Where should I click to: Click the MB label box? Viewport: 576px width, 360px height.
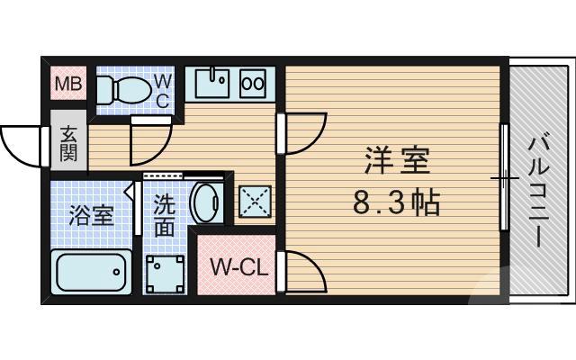[67, 85]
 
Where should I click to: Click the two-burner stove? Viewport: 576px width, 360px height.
[253, 83]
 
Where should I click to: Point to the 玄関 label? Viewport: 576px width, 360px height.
[68, 141]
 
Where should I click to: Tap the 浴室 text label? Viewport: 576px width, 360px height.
[92, 217]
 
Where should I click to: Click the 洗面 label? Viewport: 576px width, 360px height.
[164, 217]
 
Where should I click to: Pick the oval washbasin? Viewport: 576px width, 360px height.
[205, 203]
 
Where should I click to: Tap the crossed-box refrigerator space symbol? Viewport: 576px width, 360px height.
[254, 203]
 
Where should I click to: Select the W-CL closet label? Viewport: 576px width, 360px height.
[235, 267]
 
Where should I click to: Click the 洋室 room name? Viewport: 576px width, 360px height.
[396, 162]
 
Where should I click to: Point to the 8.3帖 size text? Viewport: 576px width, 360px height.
[396, 203]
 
